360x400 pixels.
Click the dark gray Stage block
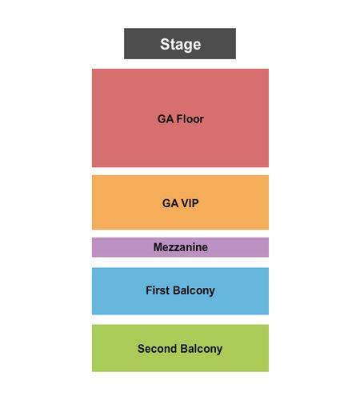pos(180,43)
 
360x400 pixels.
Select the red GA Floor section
pos(180,118)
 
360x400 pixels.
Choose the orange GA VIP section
pos(180,202)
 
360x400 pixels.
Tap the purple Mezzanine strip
pos(180,247)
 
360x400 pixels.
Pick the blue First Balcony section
pos(180,291)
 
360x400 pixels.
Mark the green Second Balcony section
pos(180,348)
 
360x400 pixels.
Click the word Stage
pos(181,45)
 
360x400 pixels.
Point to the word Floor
pos(190,119)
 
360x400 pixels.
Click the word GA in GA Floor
pos(166,119)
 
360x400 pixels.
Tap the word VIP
pos(190,203)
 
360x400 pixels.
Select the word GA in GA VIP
pos(170,203)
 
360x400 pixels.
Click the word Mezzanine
pos(181,247)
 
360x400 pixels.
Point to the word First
pos(158,290)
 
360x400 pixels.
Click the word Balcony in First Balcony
pos(194,290)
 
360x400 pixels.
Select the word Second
pos(157,349)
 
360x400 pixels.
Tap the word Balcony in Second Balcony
pos(202,349)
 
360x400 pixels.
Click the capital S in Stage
pos(165,44)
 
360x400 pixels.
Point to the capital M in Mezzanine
pos(158,247)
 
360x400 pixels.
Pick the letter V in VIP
pos(186,203)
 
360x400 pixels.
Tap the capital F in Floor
pos(180,119)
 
